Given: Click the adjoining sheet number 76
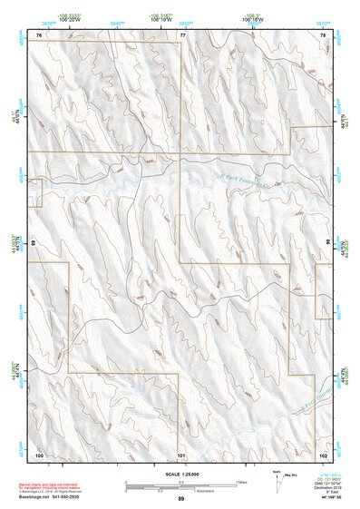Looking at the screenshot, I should click(x=39, y=34).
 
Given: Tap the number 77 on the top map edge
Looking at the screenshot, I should click(x=181, y=34).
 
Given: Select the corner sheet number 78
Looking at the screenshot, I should click(x=323, y=34).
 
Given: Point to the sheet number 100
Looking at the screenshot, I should click(x=39, y=454).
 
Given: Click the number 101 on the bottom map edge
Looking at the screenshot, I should click(x=181, y=454).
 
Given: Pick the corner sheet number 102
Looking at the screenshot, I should click(x=323, y=454).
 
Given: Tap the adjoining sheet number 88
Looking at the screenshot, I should click(x=33, y=244).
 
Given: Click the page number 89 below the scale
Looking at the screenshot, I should click(x=181, y=500).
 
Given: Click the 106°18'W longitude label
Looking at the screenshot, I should click(x=253, y=17).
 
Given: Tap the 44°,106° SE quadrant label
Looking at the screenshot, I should click(x=327, y=499).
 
